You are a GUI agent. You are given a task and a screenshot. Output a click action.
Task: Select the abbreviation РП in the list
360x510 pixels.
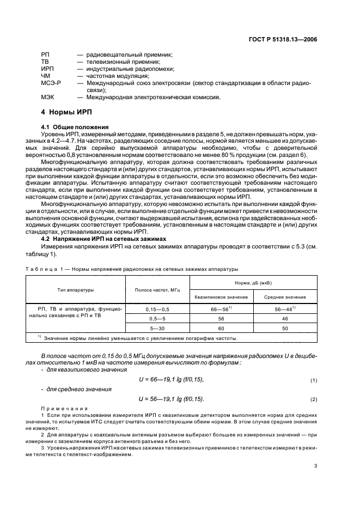point(45,55)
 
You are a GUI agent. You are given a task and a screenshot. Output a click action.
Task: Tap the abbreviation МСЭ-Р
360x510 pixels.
point(51,83)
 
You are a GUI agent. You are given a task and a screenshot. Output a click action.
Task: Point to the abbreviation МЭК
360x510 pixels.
point(47,98)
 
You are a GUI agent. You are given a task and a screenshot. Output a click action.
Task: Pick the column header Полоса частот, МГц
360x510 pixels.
point(157,289)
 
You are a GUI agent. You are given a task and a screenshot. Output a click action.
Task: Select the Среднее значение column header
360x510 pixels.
point(285,297)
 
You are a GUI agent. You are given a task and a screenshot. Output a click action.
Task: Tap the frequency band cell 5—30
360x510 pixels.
point(157,328)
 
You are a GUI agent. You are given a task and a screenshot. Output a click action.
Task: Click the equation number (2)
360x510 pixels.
point(314,399)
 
